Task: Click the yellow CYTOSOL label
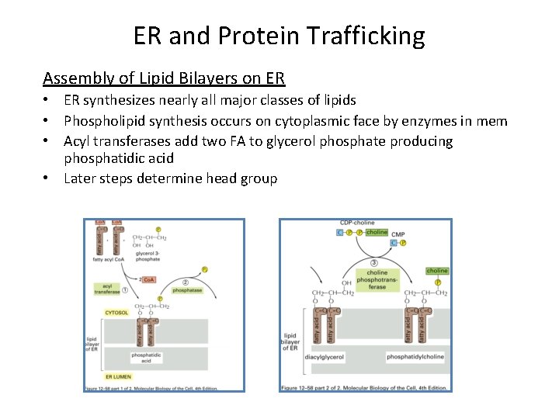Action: point(117,313)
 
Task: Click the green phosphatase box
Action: point(187,289)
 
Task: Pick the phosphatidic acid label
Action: point(146,358)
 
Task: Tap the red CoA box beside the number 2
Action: point(147,279)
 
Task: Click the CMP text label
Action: point(398,233)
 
